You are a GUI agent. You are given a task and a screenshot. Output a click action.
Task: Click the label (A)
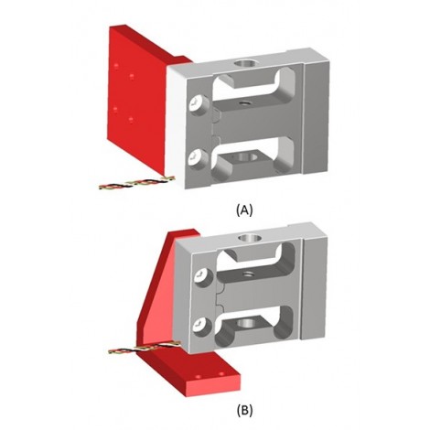point(244,210)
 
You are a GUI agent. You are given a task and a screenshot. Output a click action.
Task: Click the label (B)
point(244,411)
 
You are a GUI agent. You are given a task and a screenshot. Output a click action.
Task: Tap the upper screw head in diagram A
point(198,105)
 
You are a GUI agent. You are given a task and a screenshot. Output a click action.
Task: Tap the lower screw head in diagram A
point(197,158)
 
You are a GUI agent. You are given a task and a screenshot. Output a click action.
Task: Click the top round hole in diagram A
point(247,64)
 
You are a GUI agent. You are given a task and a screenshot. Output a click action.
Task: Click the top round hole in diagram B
point(250,237)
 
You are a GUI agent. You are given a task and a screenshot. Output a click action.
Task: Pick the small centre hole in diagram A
point(243,103)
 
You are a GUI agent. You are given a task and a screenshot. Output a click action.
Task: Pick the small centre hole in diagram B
point(247,274)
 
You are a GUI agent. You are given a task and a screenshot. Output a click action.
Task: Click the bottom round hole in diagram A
point(246,157)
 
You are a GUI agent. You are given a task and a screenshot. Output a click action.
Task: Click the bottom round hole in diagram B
point(247,324)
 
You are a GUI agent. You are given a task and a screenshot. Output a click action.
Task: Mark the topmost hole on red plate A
point(116,66)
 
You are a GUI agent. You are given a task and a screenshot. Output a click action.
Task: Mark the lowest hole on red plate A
point(132,120)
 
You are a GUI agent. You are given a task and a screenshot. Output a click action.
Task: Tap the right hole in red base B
point(221,373)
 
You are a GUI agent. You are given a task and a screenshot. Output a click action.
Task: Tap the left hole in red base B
point(198,377)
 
